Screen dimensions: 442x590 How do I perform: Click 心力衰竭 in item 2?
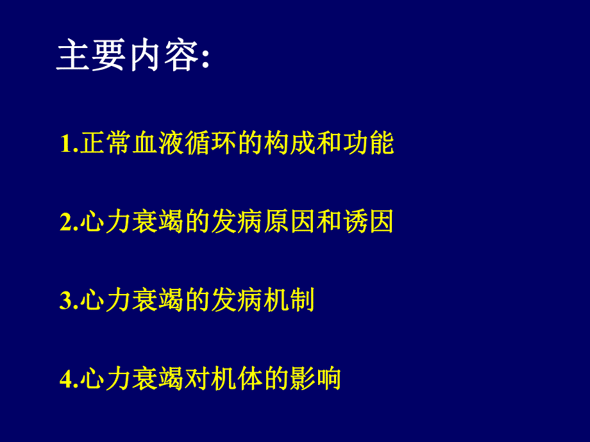coord(132,222)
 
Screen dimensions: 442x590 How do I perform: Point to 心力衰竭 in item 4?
coord(132,379)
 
